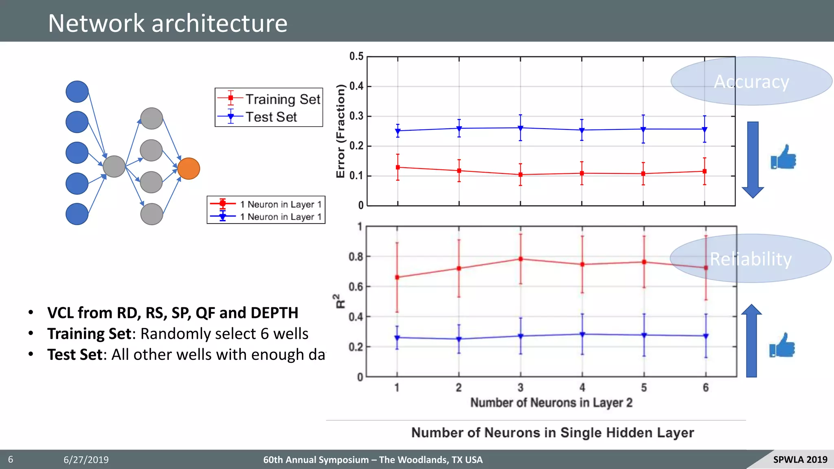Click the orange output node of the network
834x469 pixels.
pos(189,169)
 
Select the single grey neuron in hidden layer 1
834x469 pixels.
pos(114,167)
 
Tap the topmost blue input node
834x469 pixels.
pos(77,92)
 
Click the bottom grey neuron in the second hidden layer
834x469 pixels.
pos(151,214)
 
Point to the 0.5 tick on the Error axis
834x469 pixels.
pos(356,56)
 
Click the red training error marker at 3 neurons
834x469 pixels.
pos(520,175)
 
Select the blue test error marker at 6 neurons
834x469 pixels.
pos(705,129)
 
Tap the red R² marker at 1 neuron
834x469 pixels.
pos(397,277)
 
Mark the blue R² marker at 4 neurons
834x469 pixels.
pos(582,334)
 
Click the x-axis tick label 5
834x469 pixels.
pos(644,388)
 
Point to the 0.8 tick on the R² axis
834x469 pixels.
pos(356,256)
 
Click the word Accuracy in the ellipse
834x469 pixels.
pos(751,81)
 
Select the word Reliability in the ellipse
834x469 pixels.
pos(751,259)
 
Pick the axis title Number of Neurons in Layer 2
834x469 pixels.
pos(551,403)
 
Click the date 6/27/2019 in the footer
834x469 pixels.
pos(86,460)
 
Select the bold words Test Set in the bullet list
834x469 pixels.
pos(75,354)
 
